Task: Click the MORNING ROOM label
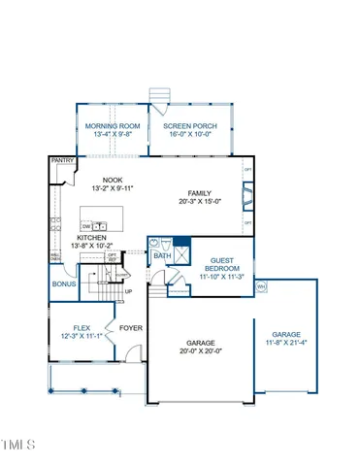click(110, 126)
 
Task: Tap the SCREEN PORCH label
click(189, 126)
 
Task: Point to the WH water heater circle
click(261, 287)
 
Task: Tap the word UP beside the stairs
click(129, 290)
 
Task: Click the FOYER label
click(130, 328)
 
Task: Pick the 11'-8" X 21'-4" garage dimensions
click(285, 342)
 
